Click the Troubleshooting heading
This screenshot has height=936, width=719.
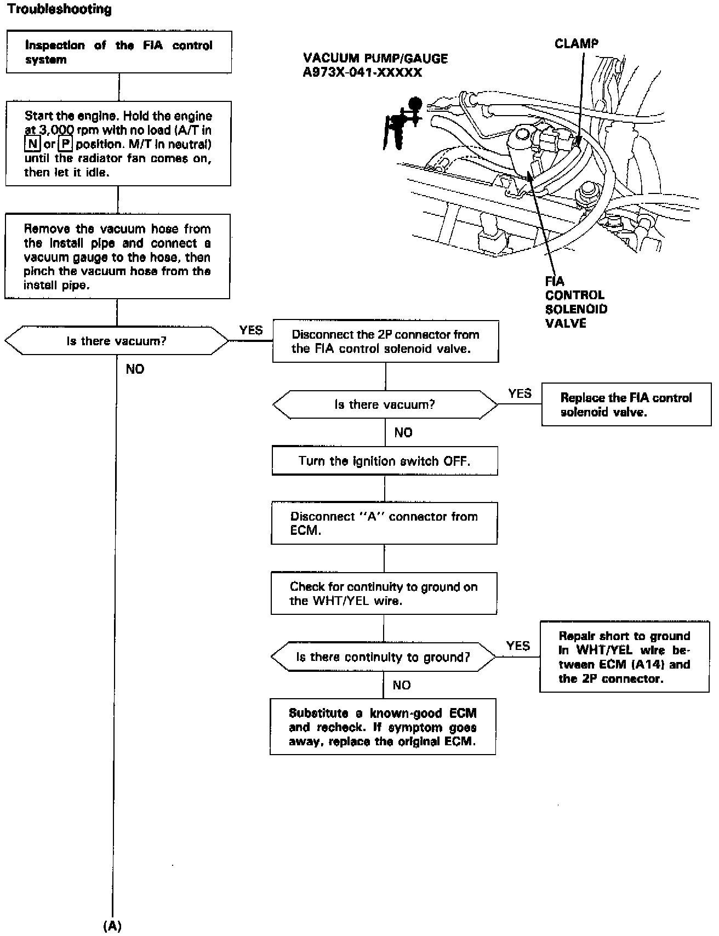click(60, 9)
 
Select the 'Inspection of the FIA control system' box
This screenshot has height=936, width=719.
click(118, 52)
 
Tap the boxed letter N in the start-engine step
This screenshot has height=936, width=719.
click(32, 144)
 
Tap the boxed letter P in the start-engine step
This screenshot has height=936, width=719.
click(65, 144)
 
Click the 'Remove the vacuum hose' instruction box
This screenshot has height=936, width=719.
click(117, 256)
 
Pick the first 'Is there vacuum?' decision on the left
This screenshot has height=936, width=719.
click(116, 341)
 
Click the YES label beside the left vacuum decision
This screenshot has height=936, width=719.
click(251, 330)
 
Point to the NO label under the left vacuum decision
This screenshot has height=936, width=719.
click(135, 369)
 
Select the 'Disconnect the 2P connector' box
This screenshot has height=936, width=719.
click(385, 341)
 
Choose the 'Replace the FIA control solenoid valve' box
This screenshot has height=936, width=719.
click(626, 405)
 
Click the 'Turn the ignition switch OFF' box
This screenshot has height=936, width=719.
click(384, 461)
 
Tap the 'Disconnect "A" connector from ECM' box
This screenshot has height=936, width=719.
click(384, 523)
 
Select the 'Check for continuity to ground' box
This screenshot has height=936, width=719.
click(384, 593)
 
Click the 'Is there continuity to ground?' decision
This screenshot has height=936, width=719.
click(383, 657)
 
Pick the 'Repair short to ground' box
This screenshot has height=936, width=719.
click(624, 657)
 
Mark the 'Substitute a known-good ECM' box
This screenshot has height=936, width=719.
click(383, 727)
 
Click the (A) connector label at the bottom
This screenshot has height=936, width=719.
click(112, 926)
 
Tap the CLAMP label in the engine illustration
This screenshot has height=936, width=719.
click(577, 44)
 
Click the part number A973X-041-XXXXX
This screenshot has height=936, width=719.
click(362, 72)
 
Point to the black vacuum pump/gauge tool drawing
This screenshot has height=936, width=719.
click(403, 122)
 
